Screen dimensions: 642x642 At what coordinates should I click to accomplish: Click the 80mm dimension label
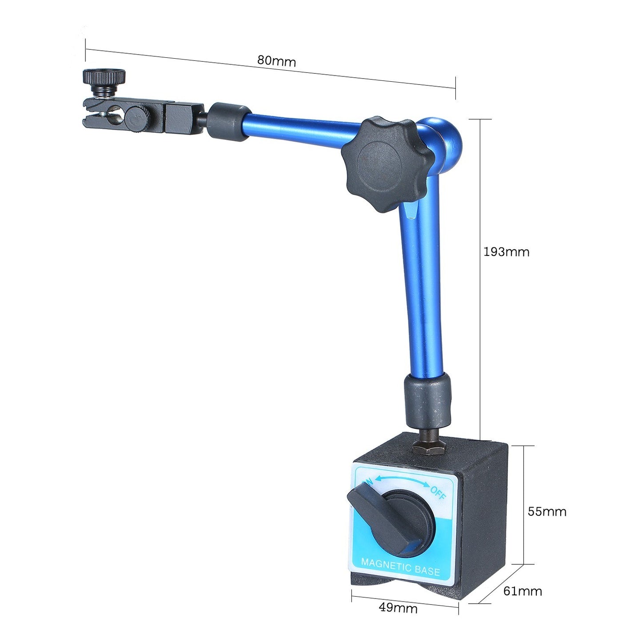tap(276, 61)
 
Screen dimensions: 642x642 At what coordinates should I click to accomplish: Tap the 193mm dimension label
tap(506, 252)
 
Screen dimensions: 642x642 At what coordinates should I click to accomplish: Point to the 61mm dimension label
tap(522, 591)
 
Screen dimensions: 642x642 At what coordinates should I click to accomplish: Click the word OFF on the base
tap(438, 493)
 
